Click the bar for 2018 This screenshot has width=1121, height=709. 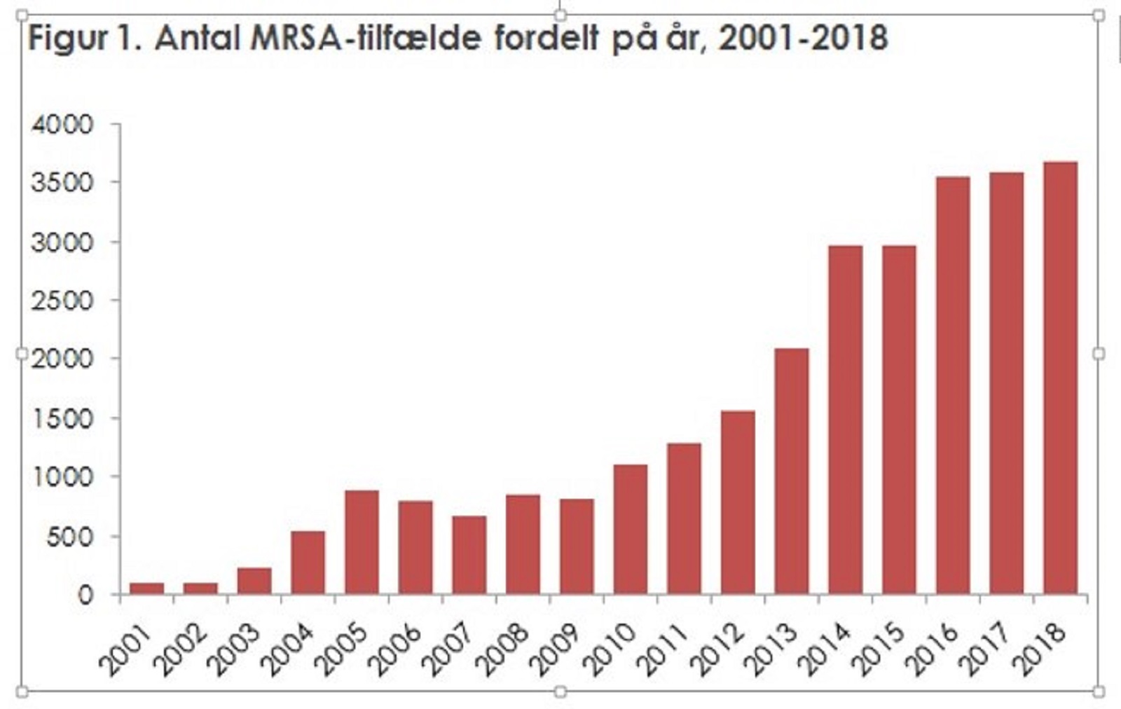(x=1060, y=378)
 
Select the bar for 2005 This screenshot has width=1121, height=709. (x=362, y=542)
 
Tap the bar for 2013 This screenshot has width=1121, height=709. (x=792, y=471)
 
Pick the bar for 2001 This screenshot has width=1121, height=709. (x=146, y=588)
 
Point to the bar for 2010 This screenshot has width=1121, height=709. (x=630, y=530)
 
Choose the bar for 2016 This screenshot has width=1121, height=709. (x=953, y=385)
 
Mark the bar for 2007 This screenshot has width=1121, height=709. (x=469, y=555)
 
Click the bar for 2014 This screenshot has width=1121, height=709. (x=845, y=420)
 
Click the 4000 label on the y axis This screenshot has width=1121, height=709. (x=62, y=125)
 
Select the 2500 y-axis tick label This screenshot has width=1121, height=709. (x=62, y=301)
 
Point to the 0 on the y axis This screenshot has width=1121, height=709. (x=85, y=596)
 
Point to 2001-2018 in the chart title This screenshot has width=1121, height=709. (x=803, y=38)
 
